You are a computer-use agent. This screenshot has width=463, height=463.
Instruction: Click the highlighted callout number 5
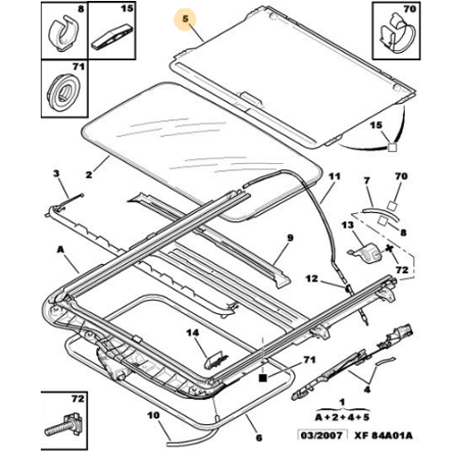[x=185, y=19]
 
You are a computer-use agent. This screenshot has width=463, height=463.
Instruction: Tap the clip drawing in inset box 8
[x=64, y=34]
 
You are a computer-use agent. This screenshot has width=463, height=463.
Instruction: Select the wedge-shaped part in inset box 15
[x=112, y=35]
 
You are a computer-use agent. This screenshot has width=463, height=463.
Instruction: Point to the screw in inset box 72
[x=64, y=423]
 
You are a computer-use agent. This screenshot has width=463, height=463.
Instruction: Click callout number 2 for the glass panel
[x=89, y=175]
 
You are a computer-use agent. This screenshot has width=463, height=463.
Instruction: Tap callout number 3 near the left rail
[x=56, y=173]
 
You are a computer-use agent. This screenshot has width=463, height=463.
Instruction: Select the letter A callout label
[x=60, y=249]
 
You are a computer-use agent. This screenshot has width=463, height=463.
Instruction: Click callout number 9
[x=290, y=238]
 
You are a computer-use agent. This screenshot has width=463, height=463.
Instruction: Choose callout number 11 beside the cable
[x=334, y=177]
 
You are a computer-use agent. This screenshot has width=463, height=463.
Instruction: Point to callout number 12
[x=312, y=279]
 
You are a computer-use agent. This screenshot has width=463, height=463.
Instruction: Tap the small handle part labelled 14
[x=217, y=359]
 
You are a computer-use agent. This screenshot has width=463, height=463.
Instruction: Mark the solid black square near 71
[x=262, y=378]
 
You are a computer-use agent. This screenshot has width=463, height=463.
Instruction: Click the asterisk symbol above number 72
[x=390, y=249]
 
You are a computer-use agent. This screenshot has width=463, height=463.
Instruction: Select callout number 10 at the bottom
[x=154, y=416]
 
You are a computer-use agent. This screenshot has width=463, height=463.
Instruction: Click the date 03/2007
[x=321, y=435]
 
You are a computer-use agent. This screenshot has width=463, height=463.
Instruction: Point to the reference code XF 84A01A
[x=383, y=435]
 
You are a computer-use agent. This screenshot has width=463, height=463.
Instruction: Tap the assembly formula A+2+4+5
[x=342, y=418]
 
